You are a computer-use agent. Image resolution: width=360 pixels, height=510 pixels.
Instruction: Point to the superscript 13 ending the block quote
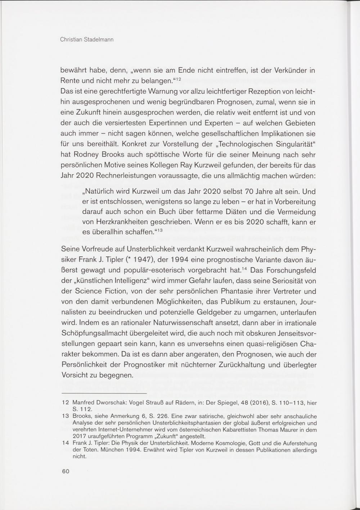coord(159,230)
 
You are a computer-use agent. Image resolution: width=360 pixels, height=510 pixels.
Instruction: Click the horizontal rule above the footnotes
coord(104,394)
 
